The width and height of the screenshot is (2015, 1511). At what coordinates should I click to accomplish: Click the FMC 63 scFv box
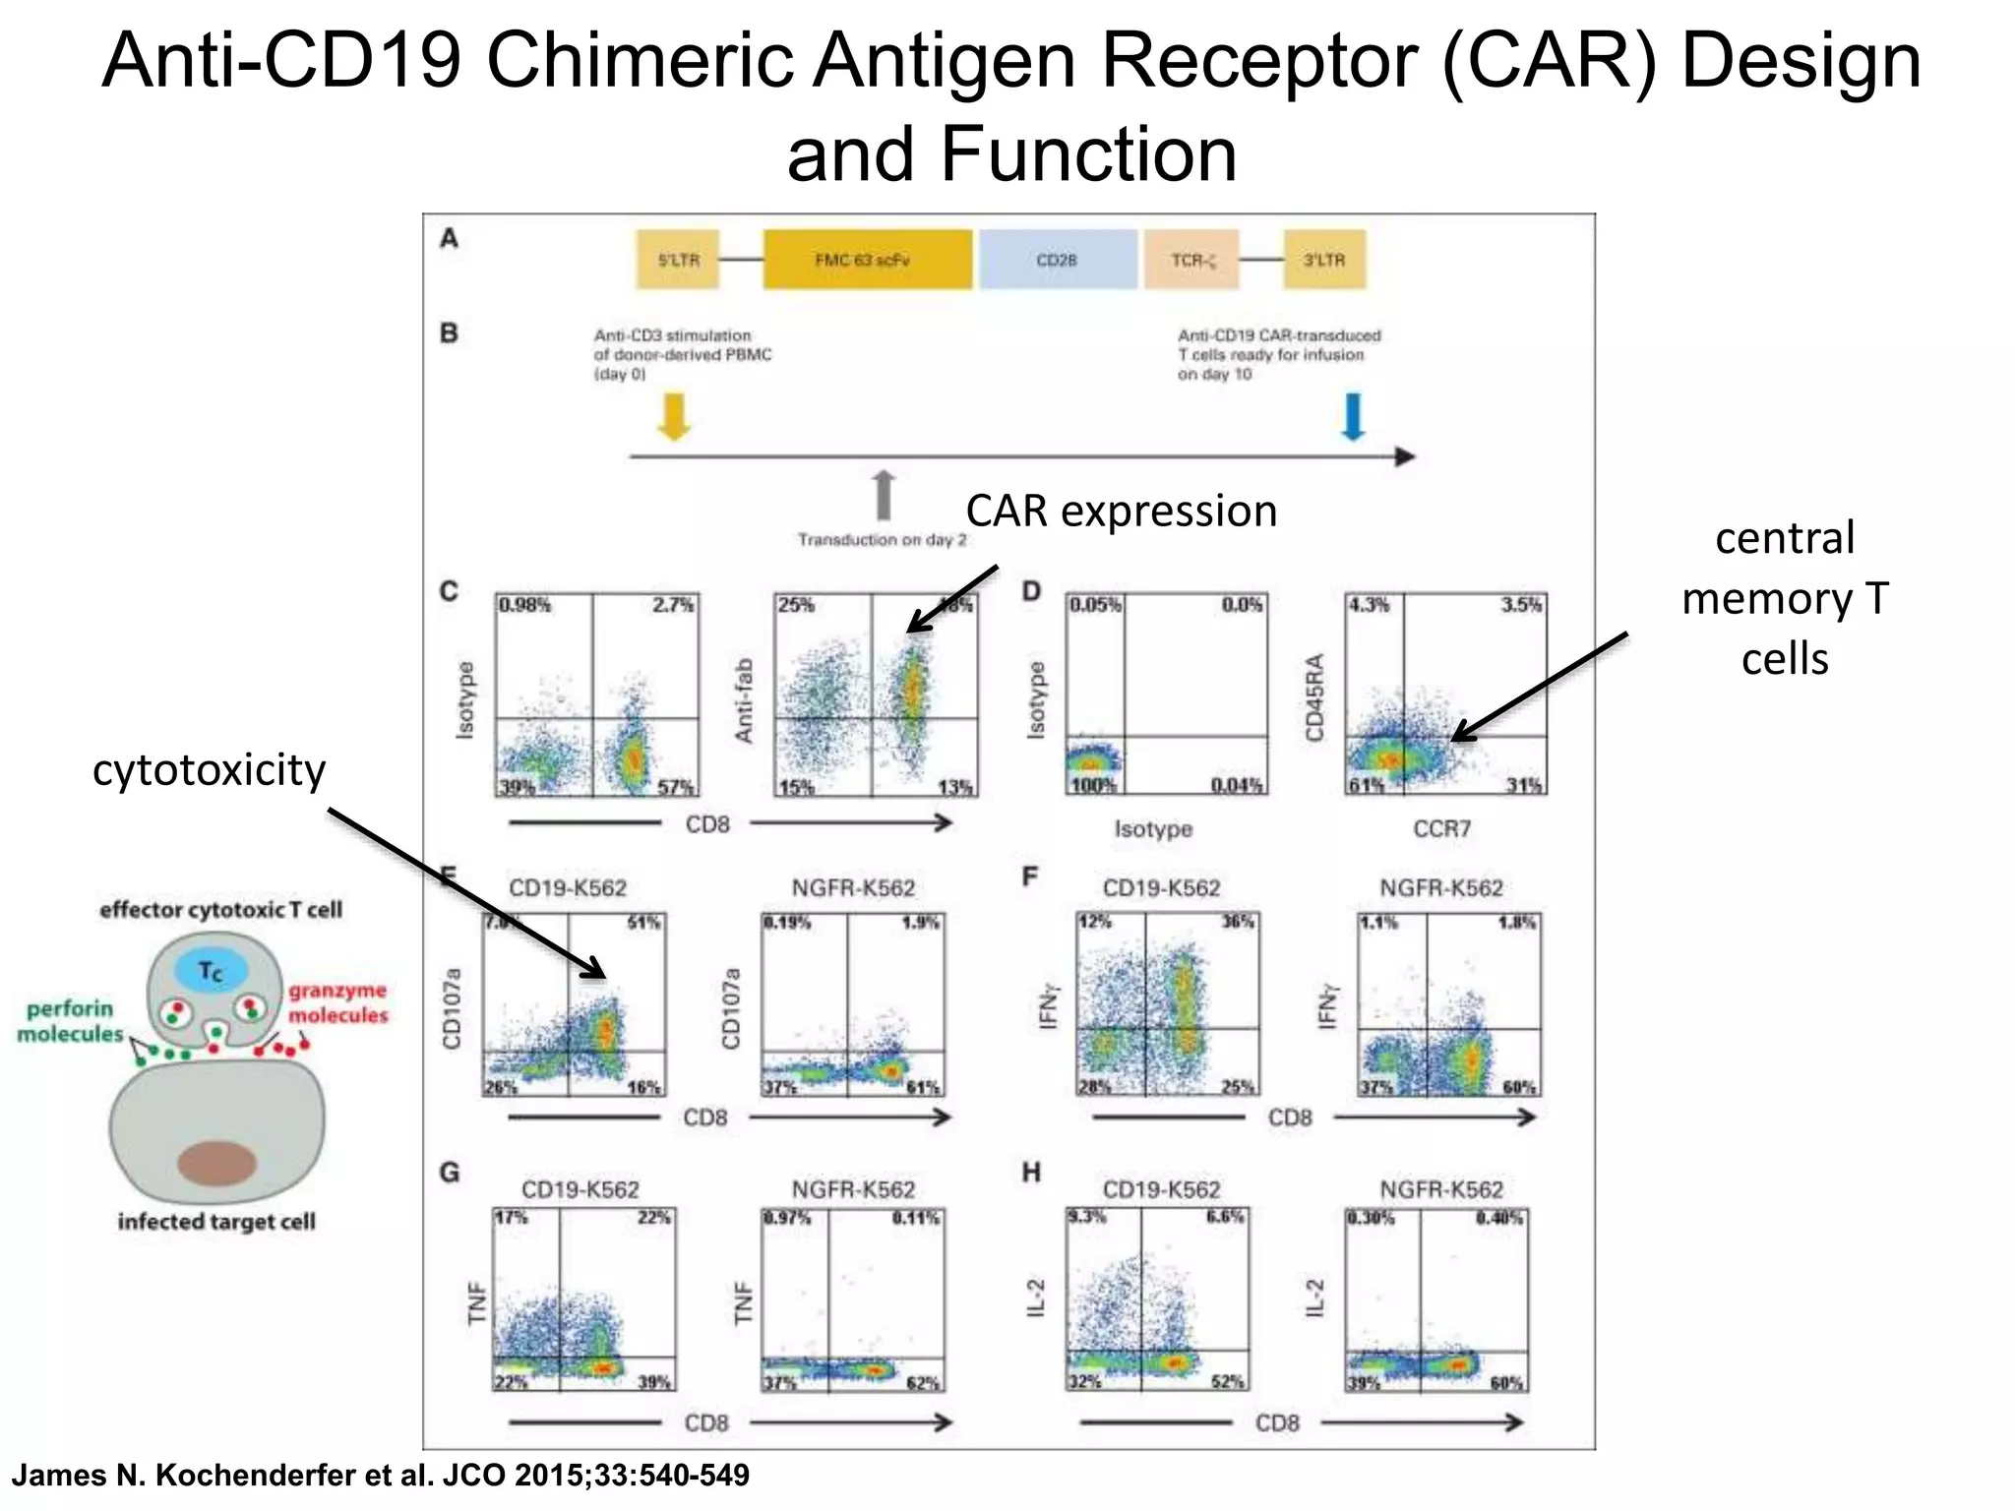[867, 260]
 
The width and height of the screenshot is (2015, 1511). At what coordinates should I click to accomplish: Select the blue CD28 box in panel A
[1058, 260]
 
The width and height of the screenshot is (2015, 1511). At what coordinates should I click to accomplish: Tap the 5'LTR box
[678, 260]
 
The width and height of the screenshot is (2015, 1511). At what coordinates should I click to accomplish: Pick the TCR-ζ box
[1191, 260]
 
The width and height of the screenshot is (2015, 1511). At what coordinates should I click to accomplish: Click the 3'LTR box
[1324, 260]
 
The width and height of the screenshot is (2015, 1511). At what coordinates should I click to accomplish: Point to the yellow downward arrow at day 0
[674, 415]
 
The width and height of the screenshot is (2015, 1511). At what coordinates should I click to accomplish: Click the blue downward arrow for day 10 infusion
[1353, 415]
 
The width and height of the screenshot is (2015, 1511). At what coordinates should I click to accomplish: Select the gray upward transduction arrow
[884, 495]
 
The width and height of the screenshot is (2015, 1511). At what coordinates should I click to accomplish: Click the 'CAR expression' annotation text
[1121, 512]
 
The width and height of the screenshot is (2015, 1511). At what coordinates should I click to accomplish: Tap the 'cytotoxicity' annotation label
[209, 770]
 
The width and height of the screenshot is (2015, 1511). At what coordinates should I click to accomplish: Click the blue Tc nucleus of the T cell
[211, 972]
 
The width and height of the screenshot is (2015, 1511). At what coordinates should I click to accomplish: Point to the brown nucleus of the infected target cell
[216, 1163]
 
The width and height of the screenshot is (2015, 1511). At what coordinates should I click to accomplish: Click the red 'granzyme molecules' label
[337, 1002]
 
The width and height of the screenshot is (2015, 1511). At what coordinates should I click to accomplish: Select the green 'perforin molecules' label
[70, 1021]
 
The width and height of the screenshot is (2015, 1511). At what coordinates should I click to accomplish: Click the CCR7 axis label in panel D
[1441, 829]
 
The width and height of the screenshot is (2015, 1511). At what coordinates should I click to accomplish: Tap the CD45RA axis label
[1315, 696]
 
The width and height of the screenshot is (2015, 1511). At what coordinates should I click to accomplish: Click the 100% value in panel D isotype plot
[1093, 785]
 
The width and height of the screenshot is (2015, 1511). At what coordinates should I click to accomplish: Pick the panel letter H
[1031, 1173]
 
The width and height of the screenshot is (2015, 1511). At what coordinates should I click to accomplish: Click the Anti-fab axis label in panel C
[744, 700]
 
